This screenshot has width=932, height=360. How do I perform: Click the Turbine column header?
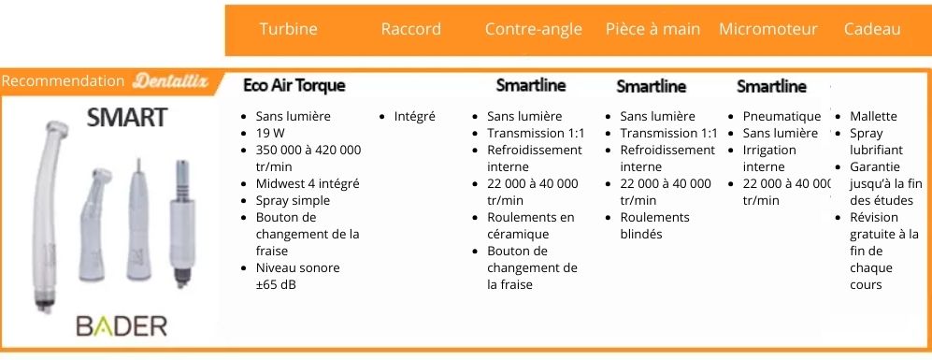pyautogui.click(x=288, y=29)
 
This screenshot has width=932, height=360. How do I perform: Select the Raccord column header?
pyautogui.click(x=410, y=29)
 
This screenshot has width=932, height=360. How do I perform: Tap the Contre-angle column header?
pyautogui.click(x=533, y=29)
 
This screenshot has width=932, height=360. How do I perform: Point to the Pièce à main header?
pyautogui.click(x=652, y=29)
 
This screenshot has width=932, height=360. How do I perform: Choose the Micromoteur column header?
pyautogui.click(x=768, y=29)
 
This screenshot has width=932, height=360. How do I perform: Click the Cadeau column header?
pyautogui.click(x=872, y=29)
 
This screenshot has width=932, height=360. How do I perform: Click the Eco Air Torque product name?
pyautogui.click(x=294, y=85)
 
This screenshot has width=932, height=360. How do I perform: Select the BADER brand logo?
pyautogui.click(x=122, y=326)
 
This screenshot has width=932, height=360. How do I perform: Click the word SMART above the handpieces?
pyautogui.click(x=126, y=118)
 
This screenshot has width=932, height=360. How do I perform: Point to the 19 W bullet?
pyautogui.click(x=268, y=133)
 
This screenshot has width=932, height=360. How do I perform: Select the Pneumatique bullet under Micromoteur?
pyautogui.click(x=781, y=116)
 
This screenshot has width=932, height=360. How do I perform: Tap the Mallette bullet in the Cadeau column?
pyautogui.click(x=873, y=116)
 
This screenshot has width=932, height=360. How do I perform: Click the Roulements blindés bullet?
pyautogui.click(x=654, y=225)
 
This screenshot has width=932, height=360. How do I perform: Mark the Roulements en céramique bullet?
pyautogui.click(x=530, y=225)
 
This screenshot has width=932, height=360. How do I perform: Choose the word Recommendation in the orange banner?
pyautogui.click(x=63, y=81)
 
